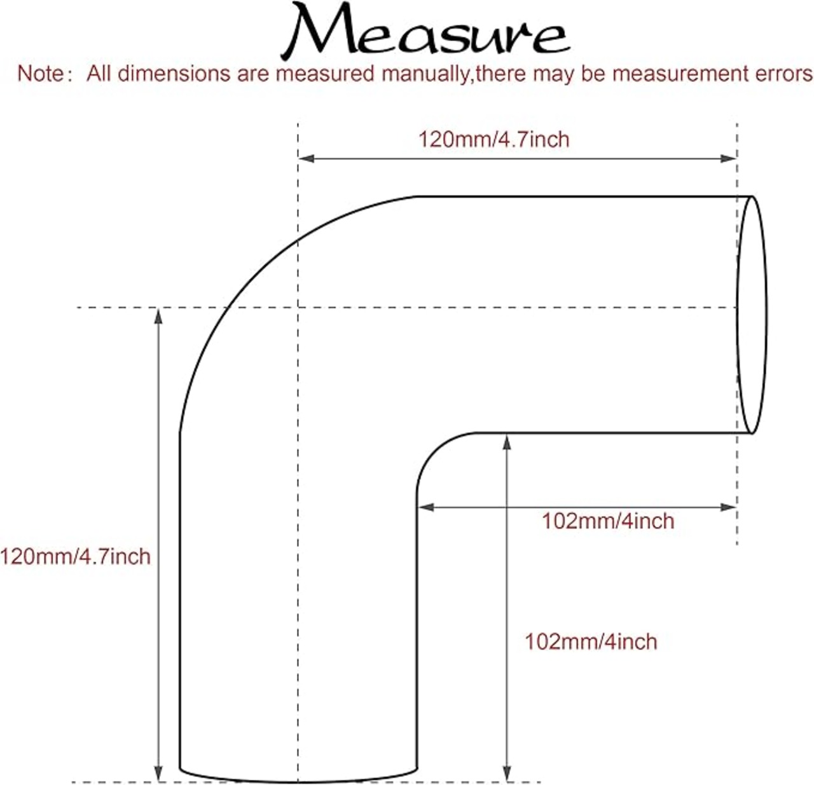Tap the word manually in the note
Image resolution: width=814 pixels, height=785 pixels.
[x=427, y=74]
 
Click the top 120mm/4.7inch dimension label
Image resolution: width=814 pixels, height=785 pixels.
[x=494, y=139]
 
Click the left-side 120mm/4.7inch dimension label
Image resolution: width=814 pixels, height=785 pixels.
[x=75, y=556]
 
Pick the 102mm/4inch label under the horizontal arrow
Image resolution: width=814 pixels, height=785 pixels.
[x=608, y=521]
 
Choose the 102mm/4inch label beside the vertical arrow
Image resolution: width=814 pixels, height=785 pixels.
[x=591, y=641]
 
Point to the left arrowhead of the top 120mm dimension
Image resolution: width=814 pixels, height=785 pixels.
[x=306, y=158]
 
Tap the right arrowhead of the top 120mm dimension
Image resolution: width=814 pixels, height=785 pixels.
[x=728, y=158]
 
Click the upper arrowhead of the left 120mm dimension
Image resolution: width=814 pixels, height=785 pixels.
[x=158, y=316]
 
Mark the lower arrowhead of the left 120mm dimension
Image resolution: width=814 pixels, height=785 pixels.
[x=158, y=774]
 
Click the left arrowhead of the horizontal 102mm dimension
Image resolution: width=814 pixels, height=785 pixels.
[x=426, y=507]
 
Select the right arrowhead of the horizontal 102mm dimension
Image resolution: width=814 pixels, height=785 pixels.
[x=728, y=507]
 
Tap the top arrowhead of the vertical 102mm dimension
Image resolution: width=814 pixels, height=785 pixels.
[x=507, y=442]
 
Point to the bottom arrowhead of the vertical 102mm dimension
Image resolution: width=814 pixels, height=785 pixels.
[x=507, y=774]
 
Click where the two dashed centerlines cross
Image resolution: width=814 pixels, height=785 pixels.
[x=298, y=308]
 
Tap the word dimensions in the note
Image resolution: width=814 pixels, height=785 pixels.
[x=174, y=74]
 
